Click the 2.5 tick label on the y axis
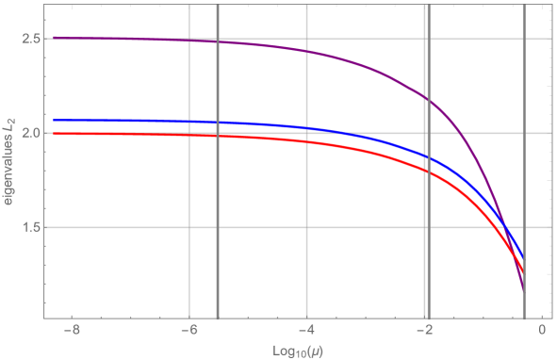click(30, 39)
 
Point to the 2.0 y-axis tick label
click(30, 133)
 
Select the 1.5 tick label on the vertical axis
click(30, 227)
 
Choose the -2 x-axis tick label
click(421, 331)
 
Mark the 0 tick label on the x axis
click(542, 331)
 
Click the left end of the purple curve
click(54, 38)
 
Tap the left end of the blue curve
click(54, 121)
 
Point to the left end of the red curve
click(54, 134)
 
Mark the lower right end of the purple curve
click(523, 290)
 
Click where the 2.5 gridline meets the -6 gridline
click(190, 39)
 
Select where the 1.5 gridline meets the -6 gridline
click(190, 227)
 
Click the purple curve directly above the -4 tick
click(307, 51)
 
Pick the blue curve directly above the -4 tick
click(307, 128)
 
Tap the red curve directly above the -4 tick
click(307, 141)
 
